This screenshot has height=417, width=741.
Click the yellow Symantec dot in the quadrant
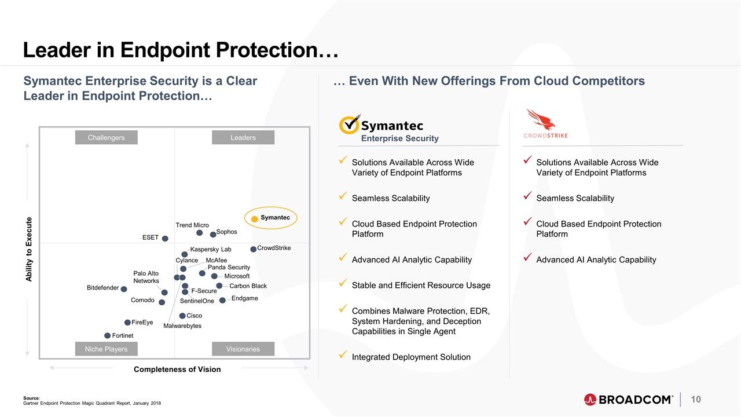[x=254, y=219]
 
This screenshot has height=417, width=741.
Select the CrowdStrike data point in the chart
[x=253, y=249]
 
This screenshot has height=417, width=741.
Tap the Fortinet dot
[x=107, y=335]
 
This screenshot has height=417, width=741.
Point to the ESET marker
[x=165, y=239]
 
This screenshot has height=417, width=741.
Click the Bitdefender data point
[x=124, y=289]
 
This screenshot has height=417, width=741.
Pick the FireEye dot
[x=127, y=323]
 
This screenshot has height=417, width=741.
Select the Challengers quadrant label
[x=106, y=137]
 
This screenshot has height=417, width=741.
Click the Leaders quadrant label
[x=243, y=137]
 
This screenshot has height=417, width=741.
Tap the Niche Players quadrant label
[x=106, y=349]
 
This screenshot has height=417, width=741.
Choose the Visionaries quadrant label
[x=243, y=349]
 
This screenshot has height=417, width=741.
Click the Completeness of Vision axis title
[x=177, y=369]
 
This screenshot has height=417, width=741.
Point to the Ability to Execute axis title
[x=29, y=250]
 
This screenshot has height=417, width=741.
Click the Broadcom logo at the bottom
[x=628, y=400]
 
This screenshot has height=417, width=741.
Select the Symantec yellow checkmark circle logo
[x=349, y=125]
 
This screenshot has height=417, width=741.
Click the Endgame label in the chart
[x=244, y=298]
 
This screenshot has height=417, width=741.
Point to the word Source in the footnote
[x=31, y=398]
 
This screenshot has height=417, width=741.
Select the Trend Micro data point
[x=199, y=233]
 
